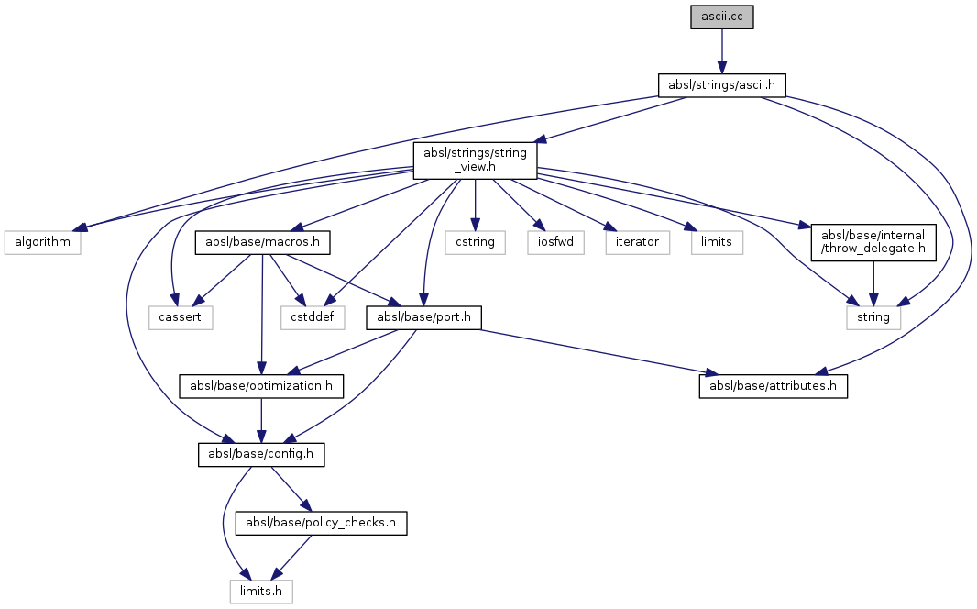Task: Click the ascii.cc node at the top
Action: click(722, 17)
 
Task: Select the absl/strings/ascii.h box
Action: click(722, 85)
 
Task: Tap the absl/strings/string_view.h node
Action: click(475, 160)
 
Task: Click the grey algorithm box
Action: click(41, 243)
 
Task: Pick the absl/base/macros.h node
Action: click(262, 243)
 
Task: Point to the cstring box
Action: click(475, 243)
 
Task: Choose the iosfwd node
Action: click(555, 243)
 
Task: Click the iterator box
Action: click(634, 243)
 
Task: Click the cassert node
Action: click(181, 317)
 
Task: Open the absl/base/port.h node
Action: click(424, 317)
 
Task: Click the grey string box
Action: click(873, 317)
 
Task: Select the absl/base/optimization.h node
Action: click(261, 386)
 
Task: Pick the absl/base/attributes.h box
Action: click(773, 386)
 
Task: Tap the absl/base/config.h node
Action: click(261, 454)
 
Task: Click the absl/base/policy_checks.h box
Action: click(322, 523)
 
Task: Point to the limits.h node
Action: click(261, 592)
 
